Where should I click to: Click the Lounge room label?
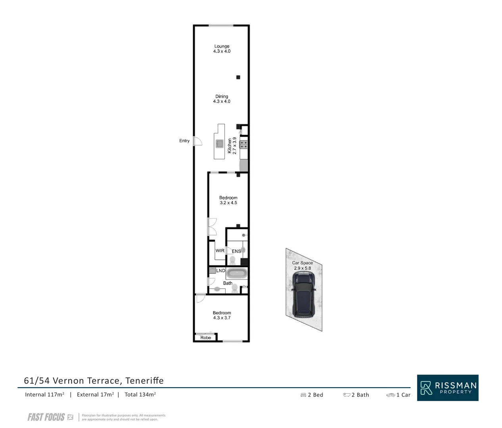[222, 46]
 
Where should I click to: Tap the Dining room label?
[222, 96]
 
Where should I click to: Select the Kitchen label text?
[230, 146]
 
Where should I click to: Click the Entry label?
[184, 141]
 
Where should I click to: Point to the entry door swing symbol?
[197, 141]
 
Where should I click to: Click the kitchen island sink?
[219, 143]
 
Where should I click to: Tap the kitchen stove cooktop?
[243, 145]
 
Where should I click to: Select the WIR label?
[220, 251]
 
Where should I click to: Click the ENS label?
[236, 251]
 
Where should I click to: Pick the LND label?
[220, 271]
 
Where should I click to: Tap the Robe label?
[205, 338]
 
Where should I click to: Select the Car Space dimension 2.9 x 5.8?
[302, 268]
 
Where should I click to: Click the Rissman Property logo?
[447, 388]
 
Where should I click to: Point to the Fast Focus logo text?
[46, 417]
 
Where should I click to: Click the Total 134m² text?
[140, 395]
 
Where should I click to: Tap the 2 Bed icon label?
[312, 395]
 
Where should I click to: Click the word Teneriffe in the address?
[144, 381]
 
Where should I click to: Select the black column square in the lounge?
[238, 77]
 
